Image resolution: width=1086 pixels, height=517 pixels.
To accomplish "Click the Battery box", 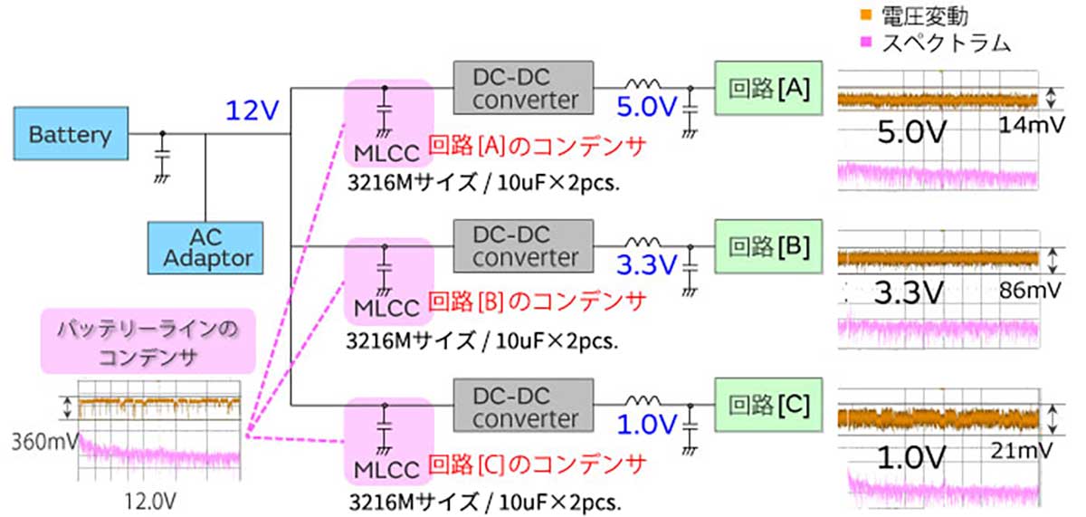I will click(x=70, y=135).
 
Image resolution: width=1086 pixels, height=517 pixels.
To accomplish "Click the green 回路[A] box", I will click(x=768, y=88).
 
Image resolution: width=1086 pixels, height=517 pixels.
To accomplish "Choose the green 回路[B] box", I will click(x=768, y=245).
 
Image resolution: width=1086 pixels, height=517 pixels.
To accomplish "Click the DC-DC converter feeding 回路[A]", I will click(x=524, y=87).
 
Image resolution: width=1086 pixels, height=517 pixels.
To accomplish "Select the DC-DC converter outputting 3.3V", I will click(x=524, y=245).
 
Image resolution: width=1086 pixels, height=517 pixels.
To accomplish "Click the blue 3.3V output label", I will click(x=646, y=265).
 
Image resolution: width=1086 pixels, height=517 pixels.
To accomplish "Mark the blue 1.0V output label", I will click(x=646, y=424).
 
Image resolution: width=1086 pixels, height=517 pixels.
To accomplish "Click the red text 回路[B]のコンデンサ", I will click(x=536, y=299).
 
